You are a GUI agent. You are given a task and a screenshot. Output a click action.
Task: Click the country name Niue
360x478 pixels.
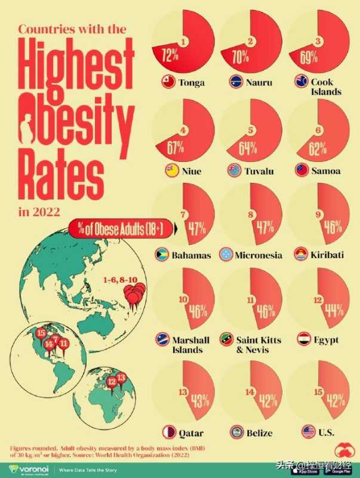tap(191, 171)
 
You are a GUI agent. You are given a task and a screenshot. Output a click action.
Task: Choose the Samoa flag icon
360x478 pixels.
tap(302, 171)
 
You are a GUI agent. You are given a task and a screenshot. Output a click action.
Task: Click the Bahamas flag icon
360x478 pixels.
tap(161, 255)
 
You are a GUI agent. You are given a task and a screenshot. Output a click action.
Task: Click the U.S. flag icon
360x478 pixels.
tap(308, 431)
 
